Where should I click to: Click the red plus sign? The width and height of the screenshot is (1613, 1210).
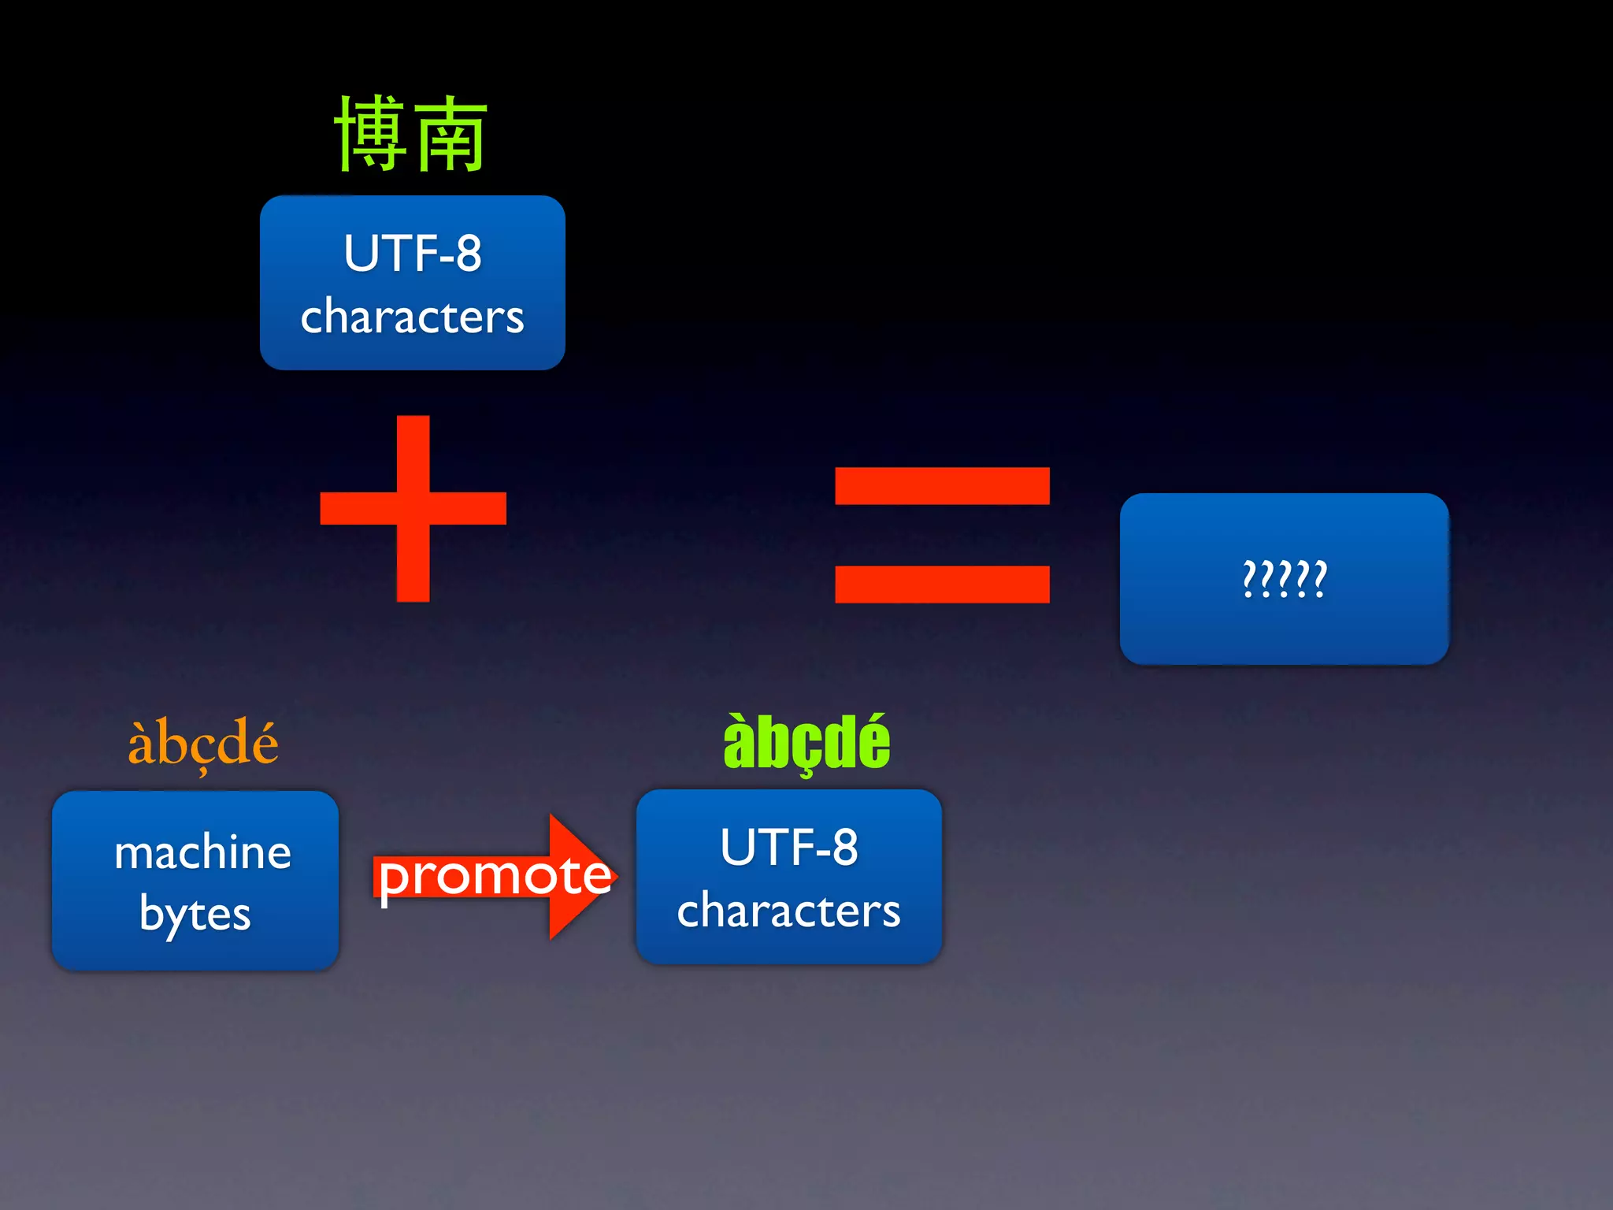(413, 508)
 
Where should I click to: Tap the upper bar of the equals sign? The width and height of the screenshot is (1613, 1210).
(942, 485)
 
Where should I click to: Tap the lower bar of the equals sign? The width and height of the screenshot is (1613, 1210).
(942, 584)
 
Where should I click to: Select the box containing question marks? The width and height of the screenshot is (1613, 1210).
(1284, 579)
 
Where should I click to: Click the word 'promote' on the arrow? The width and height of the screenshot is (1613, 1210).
(495, 876)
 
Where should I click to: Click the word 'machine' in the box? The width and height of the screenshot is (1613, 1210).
(202, 852)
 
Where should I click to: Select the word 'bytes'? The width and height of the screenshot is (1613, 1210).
(195, 915)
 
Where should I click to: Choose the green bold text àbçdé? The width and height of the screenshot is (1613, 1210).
(806, 742)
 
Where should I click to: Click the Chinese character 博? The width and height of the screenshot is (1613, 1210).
(371, 134)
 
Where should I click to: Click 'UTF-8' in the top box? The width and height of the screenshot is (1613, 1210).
(412, 254)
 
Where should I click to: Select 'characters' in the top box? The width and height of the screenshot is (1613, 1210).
(412, 317)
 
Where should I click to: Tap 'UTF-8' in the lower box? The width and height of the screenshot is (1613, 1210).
(788, 848)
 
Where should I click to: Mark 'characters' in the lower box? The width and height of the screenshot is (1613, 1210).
(788, 911)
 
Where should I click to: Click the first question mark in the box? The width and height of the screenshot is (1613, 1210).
(1249, 579)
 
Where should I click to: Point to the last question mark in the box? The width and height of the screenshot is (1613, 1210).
(1319, 579)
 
